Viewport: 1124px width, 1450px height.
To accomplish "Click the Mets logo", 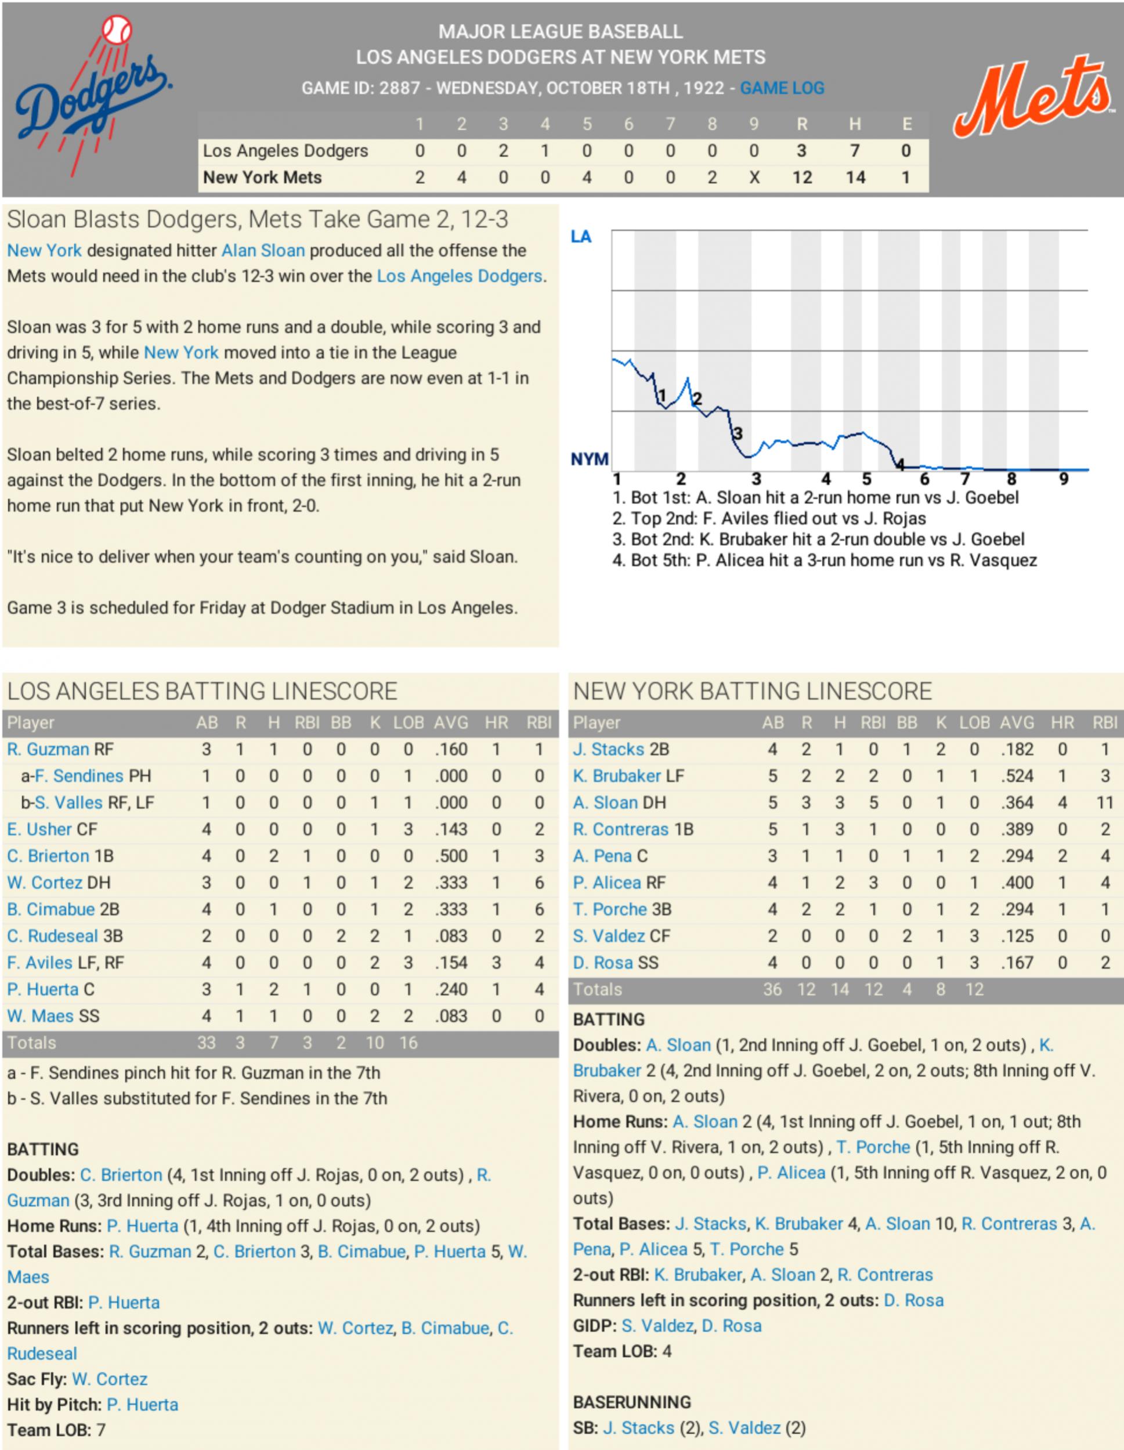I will click(1032, 98).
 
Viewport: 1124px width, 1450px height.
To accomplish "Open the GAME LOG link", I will click(782, 88).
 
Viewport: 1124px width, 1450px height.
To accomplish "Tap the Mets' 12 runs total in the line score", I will click(801, 178).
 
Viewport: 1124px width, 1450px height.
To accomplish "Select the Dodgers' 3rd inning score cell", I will click(503, 151).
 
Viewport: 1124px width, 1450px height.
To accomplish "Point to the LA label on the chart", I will click(581, 237).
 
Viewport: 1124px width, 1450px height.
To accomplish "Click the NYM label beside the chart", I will click(590, 459).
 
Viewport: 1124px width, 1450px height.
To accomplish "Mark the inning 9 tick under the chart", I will click(1064, 479).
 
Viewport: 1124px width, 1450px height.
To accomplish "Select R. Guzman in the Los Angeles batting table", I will click(48, 749).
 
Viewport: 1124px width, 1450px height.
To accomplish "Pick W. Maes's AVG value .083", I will click(451, 1016).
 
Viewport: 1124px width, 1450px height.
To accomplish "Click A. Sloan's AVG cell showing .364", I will click(1017, 802).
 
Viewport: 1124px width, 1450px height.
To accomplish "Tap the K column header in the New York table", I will click(941, 722).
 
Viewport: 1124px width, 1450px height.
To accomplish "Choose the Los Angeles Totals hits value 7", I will click(273, 1043).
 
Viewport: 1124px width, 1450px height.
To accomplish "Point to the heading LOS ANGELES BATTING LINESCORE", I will click(203, 691).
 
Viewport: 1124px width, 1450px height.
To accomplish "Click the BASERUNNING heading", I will click(632, 1402).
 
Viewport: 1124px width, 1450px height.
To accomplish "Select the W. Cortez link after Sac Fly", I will click(110, 1379).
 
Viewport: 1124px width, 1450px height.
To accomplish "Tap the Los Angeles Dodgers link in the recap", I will click(460, 276).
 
